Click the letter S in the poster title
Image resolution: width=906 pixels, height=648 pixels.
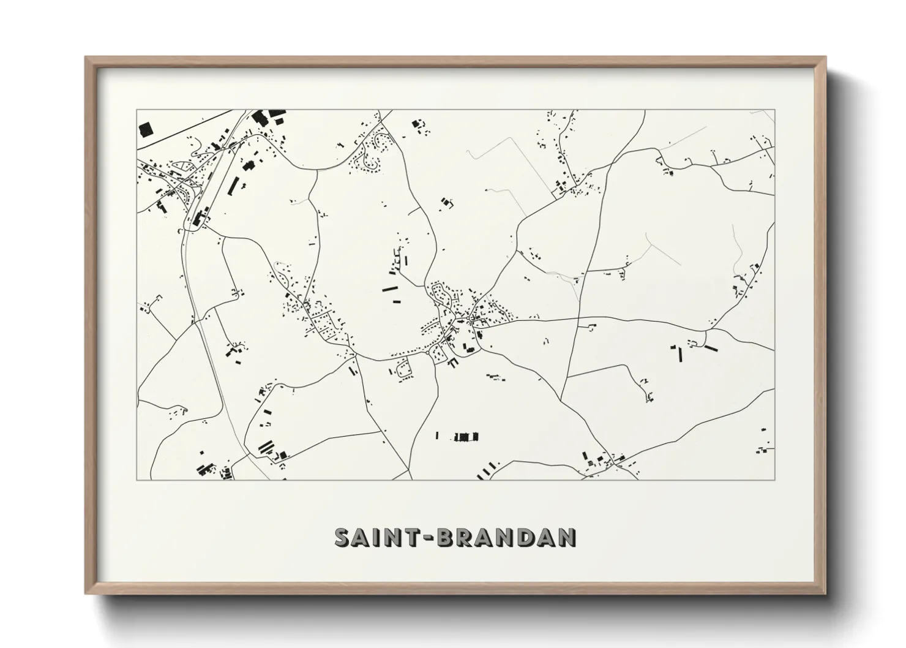[343, 537]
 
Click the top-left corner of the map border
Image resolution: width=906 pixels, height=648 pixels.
[137, 110]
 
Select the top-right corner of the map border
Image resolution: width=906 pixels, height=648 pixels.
[774, 110]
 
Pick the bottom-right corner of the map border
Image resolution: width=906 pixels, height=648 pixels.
[774, 480]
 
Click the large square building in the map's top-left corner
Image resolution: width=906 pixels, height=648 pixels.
[146, 129]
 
